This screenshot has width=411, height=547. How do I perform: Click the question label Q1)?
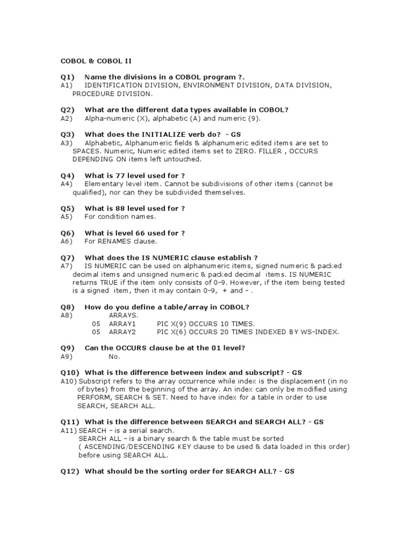pos(67,77)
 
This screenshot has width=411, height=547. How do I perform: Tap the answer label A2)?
pos(66,118)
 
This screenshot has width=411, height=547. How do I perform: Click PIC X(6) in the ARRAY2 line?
pos(171,332)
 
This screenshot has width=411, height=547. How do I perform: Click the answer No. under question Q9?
pos(114,356)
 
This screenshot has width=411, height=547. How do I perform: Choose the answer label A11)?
pos(68,431)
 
